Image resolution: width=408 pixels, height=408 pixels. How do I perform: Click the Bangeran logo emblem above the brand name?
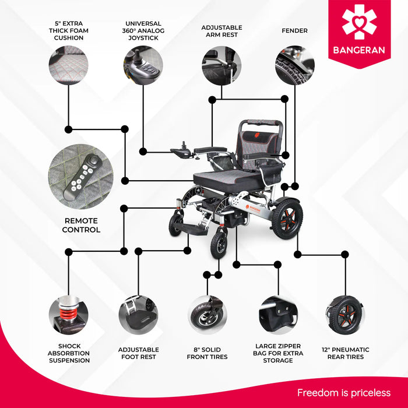coord(359,22)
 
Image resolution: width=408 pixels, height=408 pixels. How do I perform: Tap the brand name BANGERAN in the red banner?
coord(359,50)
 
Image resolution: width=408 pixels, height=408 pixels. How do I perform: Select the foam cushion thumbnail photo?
coord(68,65)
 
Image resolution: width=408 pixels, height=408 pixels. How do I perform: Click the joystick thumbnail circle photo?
coord(143,65)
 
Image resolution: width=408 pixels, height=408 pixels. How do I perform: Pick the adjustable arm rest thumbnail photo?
coord(221,65)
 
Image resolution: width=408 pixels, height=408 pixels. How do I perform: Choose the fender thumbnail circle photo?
coord(294,65)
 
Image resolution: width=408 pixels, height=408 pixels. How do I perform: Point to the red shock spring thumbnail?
coord(68,315)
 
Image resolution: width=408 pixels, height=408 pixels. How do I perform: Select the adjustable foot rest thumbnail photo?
coord(138,315)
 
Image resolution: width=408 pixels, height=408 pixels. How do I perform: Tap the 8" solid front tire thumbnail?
coord(208,315)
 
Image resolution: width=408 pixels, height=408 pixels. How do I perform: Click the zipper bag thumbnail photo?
coord(277,315)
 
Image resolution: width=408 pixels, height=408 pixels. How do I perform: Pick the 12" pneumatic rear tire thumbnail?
coord(344,315)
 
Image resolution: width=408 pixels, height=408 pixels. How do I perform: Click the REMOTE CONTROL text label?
coord(81,226)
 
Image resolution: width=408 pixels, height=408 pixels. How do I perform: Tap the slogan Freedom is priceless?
coord(344,393)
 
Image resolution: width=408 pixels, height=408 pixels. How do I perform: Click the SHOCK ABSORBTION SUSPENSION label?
coord(69,353)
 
